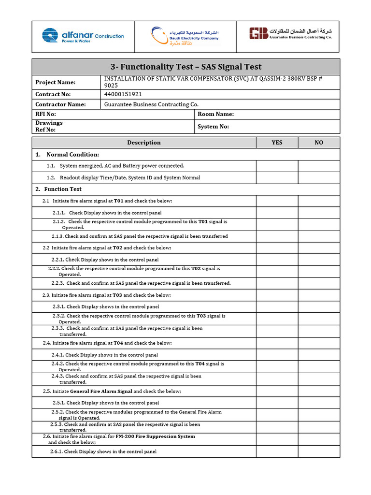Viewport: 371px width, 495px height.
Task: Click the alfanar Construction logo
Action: pos(83,36)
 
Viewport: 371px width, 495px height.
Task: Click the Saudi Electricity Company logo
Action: pos(184,36)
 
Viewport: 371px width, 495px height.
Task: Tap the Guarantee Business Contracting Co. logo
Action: pos(291,34)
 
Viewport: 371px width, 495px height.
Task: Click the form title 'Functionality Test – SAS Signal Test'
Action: pos(186,67)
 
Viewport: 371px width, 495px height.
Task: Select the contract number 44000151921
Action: pos(123,94)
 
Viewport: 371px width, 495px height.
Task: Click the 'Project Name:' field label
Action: pos(55,82)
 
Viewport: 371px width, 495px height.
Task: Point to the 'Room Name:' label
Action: pos(215,114)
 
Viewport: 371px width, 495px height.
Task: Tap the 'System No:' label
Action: pos(213,127)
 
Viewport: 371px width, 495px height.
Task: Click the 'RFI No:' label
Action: pos(45,114)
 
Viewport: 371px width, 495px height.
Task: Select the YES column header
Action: pos(277,143)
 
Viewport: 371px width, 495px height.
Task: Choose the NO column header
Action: pos(319,143)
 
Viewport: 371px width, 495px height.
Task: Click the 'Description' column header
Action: pos(143,143)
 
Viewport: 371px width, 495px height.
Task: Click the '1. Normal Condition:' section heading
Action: pos(67,155)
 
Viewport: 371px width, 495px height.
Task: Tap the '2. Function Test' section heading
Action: pos(58,189)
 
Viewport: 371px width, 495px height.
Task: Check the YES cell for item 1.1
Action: pos(277,166)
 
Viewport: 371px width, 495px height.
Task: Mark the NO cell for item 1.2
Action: pos(319,177)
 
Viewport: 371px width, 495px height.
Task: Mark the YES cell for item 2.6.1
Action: pos(277,451)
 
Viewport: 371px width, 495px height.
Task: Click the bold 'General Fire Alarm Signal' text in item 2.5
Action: pos(101,391)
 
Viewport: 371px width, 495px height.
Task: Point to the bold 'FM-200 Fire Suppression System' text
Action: pos(155,436)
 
